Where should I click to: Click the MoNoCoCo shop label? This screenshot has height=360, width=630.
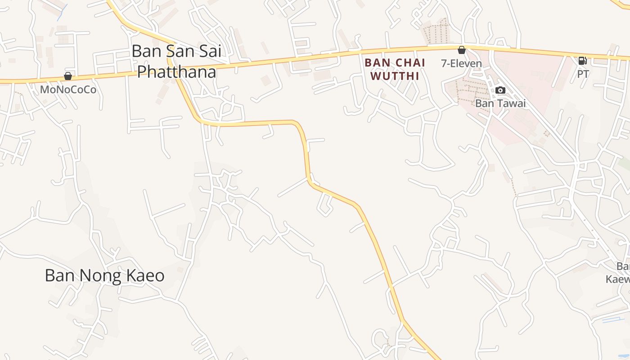[68, 90]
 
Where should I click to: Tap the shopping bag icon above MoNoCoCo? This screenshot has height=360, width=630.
[68, 76]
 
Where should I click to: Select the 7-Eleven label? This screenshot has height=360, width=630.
[461, 63]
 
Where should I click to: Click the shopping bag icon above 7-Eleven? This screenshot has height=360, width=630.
[461, 50]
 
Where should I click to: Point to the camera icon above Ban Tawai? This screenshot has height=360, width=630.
[500, 90]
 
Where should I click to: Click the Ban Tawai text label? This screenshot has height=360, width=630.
[500, 103]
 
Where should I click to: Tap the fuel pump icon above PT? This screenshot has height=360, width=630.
[582, 61]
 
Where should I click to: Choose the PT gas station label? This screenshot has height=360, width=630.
[583, 74]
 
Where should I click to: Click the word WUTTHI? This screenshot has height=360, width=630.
[395, 76]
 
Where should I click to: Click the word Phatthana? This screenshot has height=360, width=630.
[176, 72]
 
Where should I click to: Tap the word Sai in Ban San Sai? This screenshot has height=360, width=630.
[208, 51]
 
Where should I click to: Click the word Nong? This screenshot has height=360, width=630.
[98, 275]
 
